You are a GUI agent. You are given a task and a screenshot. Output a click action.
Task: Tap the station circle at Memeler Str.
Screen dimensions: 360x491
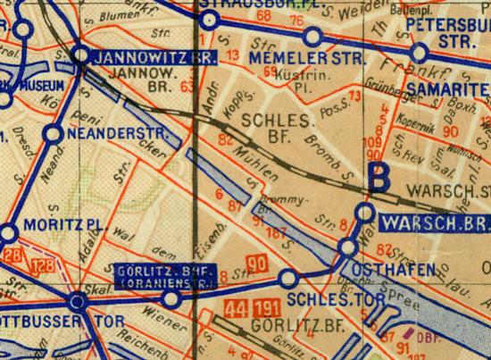313,37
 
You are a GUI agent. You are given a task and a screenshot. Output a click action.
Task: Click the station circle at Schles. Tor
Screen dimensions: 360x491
287,279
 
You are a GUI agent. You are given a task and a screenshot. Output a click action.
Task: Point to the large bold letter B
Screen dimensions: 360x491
381,175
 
